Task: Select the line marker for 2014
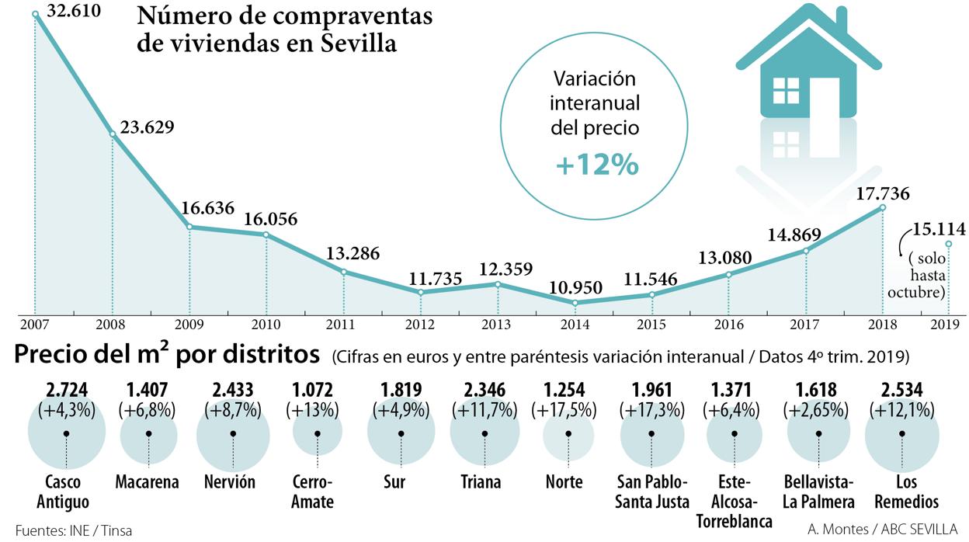pos(575,303)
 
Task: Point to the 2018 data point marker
pos(883,207)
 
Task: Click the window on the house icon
pos(786,90)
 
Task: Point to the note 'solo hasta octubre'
pos(917,275)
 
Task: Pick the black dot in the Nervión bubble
pos(233,433)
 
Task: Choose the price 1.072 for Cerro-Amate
pos(317,389)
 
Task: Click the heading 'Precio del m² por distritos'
pos(167,355)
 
